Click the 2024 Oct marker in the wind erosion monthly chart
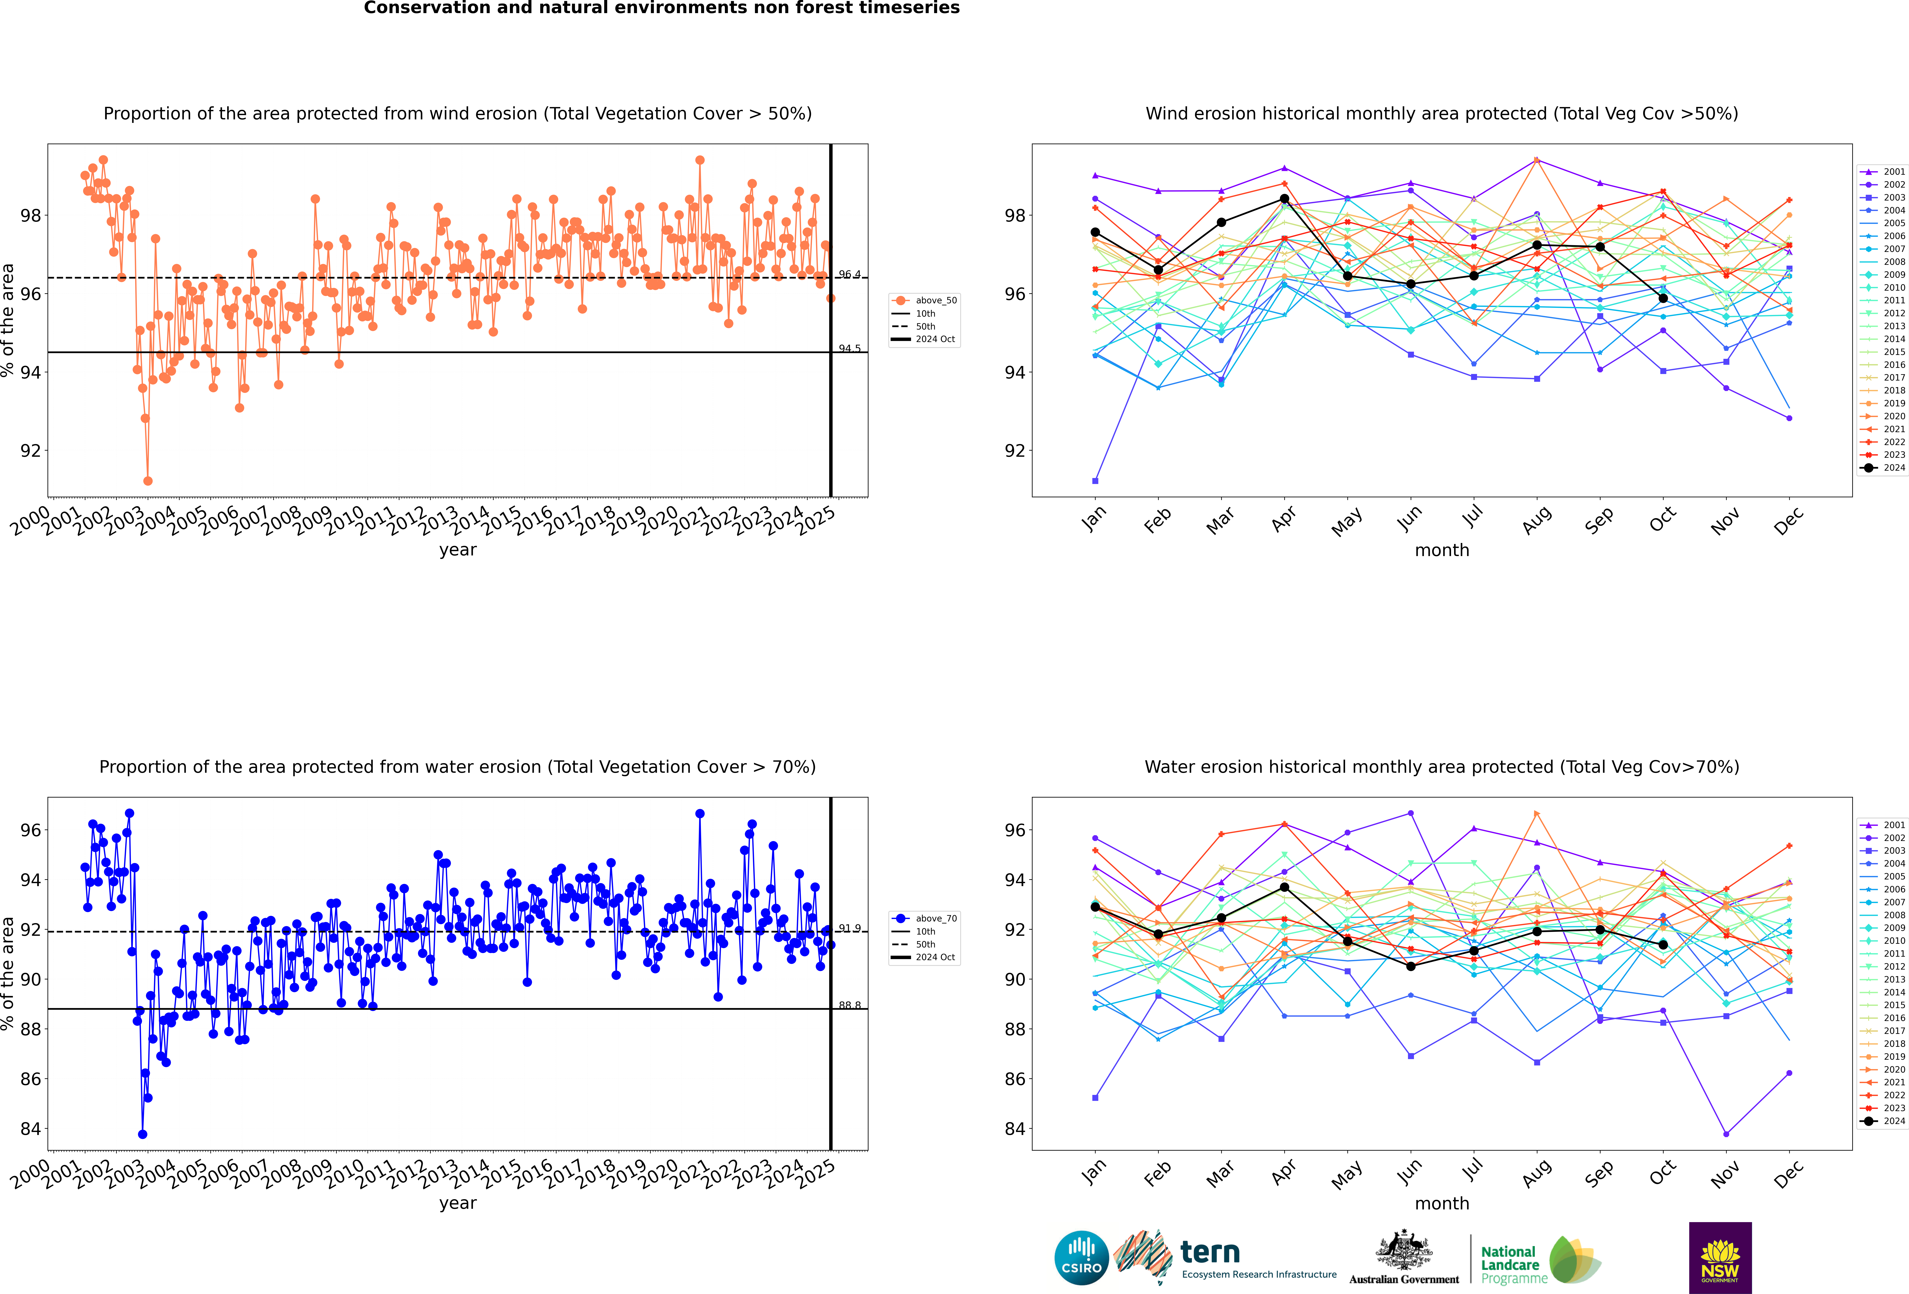1663,298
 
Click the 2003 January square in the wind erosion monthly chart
1095,481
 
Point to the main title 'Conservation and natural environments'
661,8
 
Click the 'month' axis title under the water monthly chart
1442,1204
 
